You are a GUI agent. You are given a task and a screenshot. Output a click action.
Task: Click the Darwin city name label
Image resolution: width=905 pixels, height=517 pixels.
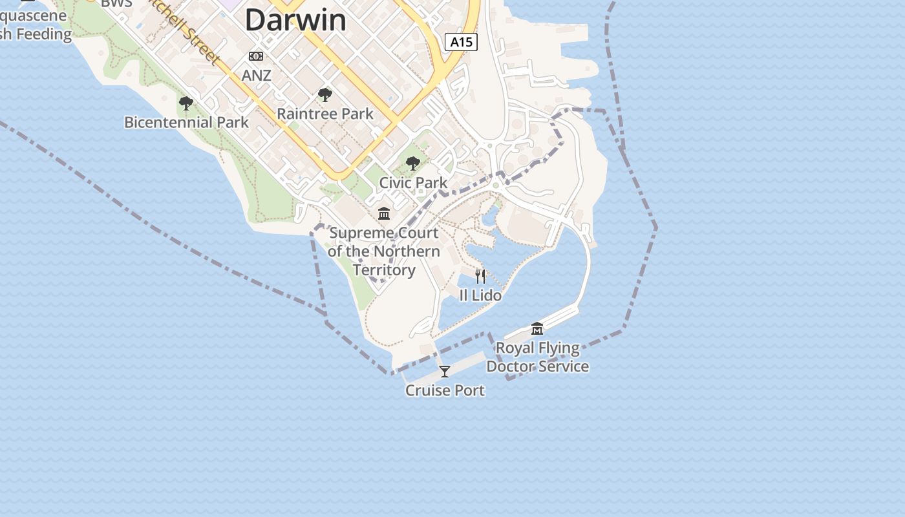(x=295, y=20)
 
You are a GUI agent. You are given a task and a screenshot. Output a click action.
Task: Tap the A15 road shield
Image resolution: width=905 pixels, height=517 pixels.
(x=461, y=43)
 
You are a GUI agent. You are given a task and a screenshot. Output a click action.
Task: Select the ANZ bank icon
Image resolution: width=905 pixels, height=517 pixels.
(x=256, y=57)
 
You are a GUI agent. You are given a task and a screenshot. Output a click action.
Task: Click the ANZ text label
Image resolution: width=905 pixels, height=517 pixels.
(x=256, y=76)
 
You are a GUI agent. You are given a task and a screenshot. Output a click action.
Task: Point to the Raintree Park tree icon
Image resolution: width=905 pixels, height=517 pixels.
(x=325, y=96)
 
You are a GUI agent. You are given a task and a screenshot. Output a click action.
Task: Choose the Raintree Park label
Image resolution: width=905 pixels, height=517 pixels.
(x=325, y=114)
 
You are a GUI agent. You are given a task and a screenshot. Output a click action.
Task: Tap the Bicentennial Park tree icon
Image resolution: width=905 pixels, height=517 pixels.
(x=186, y=103)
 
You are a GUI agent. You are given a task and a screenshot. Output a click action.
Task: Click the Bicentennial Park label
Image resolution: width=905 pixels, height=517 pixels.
(x=186, y=122)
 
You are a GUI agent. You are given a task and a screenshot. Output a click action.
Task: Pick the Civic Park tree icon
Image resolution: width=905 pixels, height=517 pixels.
(x=413, y=164)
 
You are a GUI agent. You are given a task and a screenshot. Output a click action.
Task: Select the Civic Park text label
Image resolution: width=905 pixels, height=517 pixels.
(x=413, y=183)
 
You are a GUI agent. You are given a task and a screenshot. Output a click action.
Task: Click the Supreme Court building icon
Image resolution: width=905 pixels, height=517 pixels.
(x=384, y=213)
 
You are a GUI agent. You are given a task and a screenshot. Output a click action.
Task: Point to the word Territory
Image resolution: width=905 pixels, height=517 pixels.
(x=384, y=269)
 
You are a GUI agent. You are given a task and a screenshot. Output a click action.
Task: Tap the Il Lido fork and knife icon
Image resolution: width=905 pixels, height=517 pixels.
(x=480, y=277)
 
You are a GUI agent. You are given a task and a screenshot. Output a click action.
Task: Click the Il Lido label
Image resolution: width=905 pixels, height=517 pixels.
(x=480, y=295)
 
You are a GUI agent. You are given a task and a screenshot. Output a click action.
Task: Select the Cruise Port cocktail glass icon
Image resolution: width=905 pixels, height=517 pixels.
(x=445, y=372)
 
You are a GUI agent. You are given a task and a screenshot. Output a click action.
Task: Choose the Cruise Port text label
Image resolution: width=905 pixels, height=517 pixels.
(x=445, y=390)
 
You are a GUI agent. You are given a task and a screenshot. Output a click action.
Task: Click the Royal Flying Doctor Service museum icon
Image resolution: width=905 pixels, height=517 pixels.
(x=537, y=329)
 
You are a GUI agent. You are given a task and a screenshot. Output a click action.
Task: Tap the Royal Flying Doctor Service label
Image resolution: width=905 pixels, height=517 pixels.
(x=537, y=357)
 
